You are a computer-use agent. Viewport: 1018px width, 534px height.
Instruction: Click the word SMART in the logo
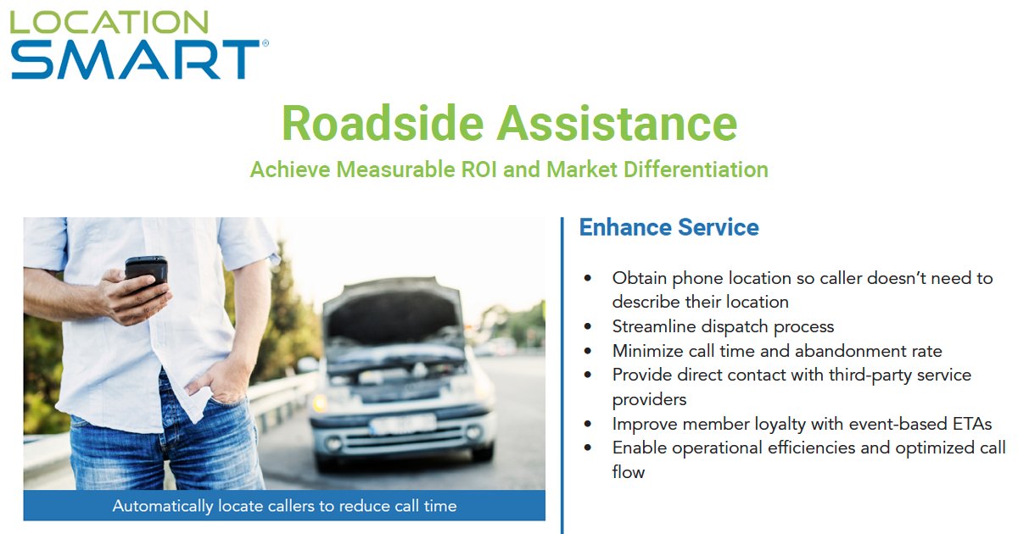pos(136,59)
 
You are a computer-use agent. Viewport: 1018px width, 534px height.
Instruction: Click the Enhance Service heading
pos(668,227)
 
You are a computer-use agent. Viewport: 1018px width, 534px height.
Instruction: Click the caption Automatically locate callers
pos(284,506)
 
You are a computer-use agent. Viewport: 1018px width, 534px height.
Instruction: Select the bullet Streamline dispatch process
pos(723,326)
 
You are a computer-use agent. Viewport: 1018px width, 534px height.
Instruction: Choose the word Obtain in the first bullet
pos(638,278)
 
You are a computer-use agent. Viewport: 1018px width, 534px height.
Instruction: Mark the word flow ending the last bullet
pos(628,472)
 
